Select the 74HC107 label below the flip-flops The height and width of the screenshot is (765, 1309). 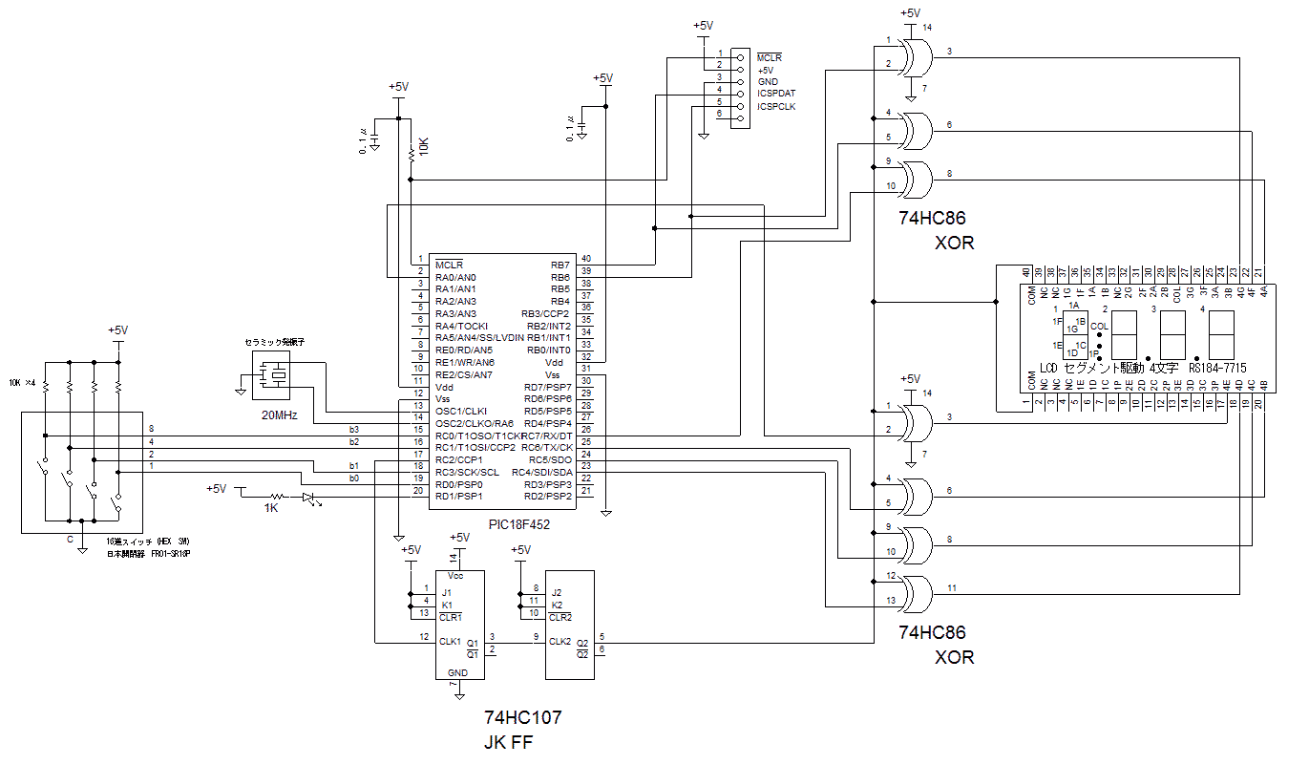coord(523,717)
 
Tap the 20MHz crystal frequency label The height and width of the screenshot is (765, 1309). coord(279,416)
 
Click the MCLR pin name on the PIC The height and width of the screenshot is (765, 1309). coord(449,265)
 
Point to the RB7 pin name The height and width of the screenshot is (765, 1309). coord(559,265)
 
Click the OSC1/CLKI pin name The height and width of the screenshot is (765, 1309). coord(462,411)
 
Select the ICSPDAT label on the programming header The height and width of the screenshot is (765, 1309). coord(776,94)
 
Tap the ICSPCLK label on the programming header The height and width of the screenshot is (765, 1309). coord(776,106)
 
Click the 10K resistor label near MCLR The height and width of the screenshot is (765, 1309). coord(424,147)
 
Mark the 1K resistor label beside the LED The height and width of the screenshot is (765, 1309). coord(271,508)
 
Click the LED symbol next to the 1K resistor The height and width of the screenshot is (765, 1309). coord(308,497)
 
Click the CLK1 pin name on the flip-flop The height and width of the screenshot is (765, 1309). coord(451,642)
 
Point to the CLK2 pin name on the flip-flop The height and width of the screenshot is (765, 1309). coord(560,642)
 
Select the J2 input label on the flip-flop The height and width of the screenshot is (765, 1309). coord(557,593)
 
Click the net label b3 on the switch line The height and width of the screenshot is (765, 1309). coord(354,430)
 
